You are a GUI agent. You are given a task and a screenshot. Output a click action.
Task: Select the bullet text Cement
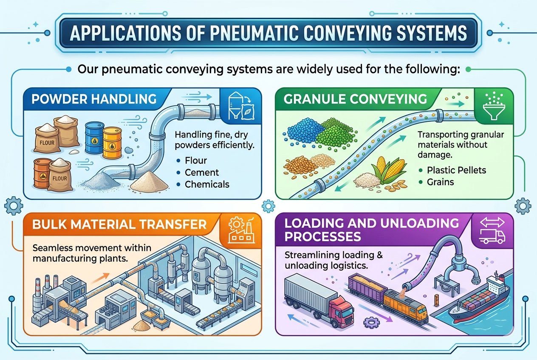[202, 172]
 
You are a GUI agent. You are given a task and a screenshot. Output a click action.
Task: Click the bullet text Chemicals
[207, 184]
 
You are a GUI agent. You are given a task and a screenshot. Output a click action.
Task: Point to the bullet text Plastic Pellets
[457, 170]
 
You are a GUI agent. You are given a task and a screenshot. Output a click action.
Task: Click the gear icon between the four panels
[268, 206]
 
